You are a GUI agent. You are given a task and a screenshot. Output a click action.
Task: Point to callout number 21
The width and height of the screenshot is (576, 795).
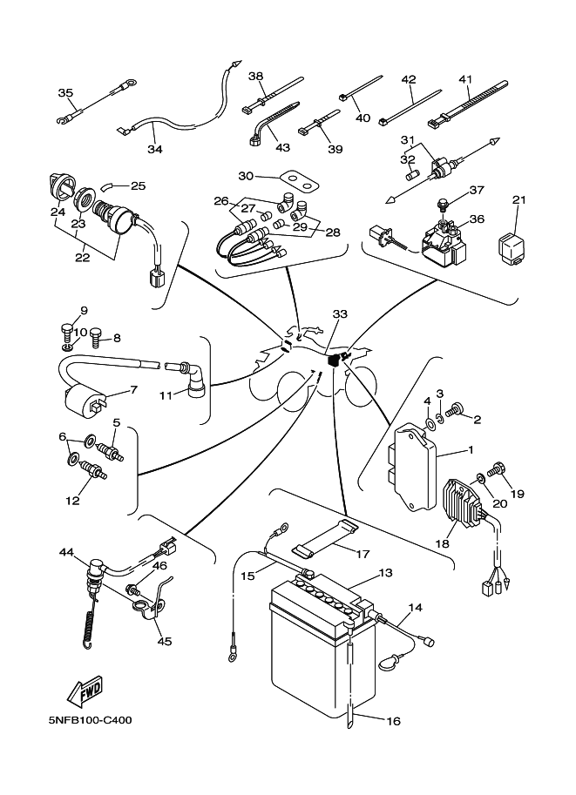coord(519,200)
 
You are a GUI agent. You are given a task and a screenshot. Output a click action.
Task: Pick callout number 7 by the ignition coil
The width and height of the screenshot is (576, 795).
coord(133,389)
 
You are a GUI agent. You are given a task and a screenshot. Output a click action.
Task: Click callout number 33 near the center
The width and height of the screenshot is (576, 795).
coord(340,313)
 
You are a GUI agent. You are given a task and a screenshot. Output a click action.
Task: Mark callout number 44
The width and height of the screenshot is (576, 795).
coord(66,552)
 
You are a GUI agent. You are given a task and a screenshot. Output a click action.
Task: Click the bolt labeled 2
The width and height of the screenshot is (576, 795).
coord(456,409)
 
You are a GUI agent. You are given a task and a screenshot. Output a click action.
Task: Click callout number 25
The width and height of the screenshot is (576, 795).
coord(138,185)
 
